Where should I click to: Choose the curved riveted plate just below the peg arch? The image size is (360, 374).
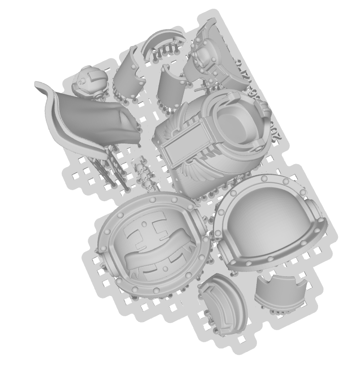(x=171, y=84)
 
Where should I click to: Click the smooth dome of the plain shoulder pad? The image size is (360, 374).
(x=267, y=221)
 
